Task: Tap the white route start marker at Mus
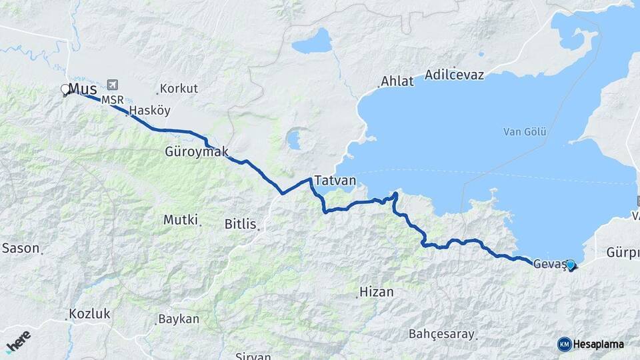(65, 89)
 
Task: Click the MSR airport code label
(112, 100)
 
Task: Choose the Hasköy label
(150, 110)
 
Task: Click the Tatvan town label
(335, 181)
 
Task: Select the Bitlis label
(241, 225)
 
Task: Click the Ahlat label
(397, 82)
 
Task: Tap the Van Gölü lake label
(525, 132)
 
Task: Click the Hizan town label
(377, 292)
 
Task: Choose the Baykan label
(179, 319)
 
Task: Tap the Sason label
(21, 248)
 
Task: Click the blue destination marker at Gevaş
(570, 265)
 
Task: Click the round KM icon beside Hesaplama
(565, 344)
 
